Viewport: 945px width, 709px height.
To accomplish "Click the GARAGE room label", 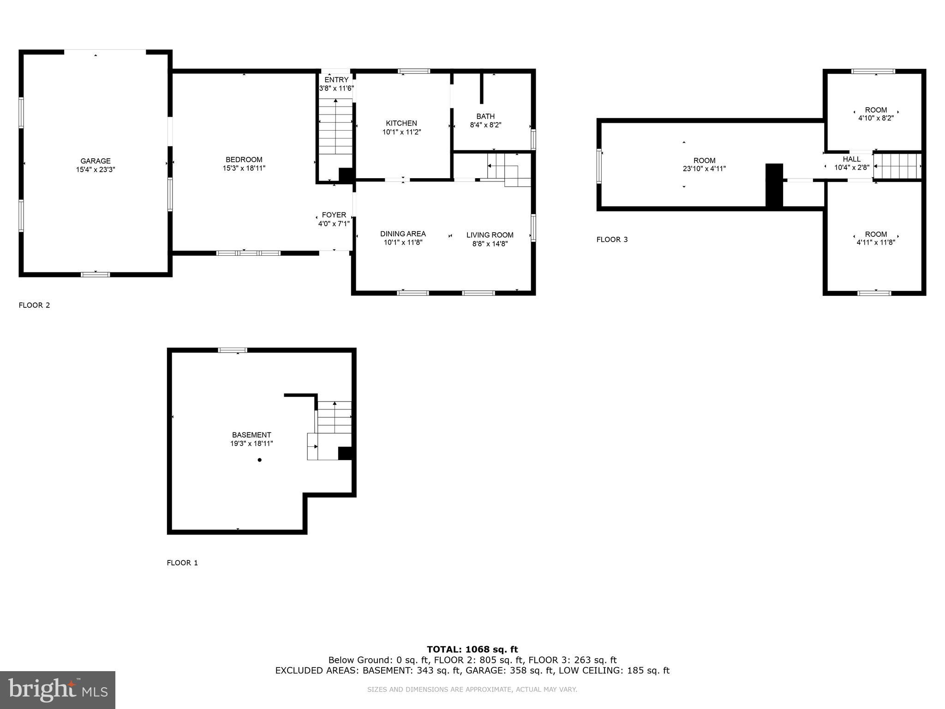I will click(96, 161).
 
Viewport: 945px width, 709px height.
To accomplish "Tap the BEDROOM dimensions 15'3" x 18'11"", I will click(244, 168).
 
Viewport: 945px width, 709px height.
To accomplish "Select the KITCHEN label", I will click(401, 123).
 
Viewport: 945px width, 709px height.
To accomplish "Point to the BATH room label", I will click(485, 116).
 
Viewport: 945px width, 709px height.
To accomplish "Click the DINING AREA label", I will click(403, 234).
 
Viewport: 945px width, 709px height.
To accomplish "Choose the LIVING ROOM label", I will click(490, 235).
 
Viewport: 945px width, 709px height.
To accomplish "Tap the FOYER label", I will click(334, 215).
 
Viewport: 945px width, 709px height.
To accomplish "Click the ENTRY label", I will click(336, 80).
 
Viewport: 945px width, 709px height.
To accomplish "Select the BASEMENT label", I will click(251, 435).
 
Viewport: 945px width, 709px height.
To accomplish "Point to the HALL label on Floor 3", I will click(851, 159).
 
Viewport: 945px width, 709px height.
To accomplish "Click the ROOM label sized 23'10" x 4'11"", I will click(704, 161).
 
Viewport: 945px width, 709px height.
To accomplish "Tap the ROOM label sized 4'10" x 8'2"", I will click(876, 110).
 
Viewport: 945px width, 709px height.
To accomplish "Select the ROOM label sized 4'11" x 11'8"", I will click(876, 234).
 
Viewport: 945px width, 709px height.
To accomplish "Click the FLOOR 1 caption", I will click(182, 563).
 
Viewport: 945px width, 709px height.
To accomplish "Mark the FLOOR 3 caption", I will click(612, 239).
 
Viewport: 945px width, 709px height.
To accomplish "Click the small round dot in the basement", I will click(260, 460).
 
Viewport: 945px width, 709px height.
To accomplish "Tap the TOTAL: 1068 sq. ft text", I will click(472, 649).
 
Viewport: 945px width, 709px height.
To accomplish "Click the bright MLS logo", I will click(58, 690).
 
